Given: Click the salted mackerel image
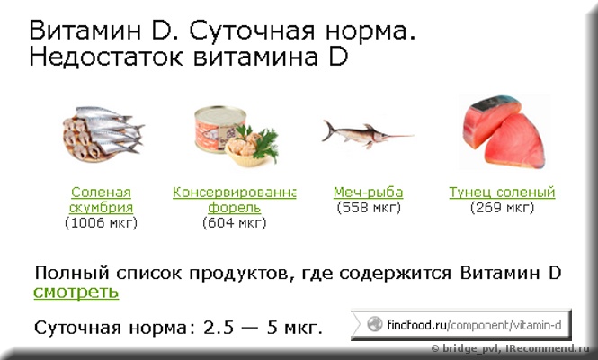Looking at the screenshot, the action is [x=103, y=133].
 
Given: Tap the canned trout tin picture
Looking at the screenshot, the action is [x=237, y=136].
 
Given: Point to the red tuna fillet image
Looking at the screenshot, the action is [x=504, y=132].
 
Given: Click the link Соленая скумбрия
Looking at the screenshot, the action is [x=101, y=200].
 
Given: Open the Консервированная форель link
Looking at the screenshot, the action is [x=234, y=200].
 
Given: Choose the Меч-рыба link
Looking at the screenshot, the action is [x=368, y=193].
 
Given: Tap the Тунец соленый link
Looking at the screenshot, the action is [x=502, y=193].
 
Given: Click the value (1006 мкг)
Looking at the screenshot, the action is [x=101, y=222].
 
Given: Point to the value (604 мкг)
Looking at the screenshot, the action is [x=234, y=222].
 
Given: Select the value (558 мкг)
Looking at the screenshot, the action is [x=369, y=208].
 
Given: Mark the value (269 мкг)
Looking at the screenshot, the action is [x=502, y=208].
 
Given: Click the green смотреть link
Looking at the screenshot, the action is [x=76, y=292].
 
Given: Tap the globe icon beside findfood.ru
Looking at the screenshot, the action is [x=374, y=325].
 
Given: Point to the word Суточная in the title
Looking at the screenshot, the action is [x=252, y=31].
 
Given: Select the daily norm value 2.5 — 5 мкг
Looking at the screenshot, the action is [x=263, y=328].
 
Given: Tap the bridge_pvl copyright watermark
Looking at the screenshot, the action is [x=510, y=348].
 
